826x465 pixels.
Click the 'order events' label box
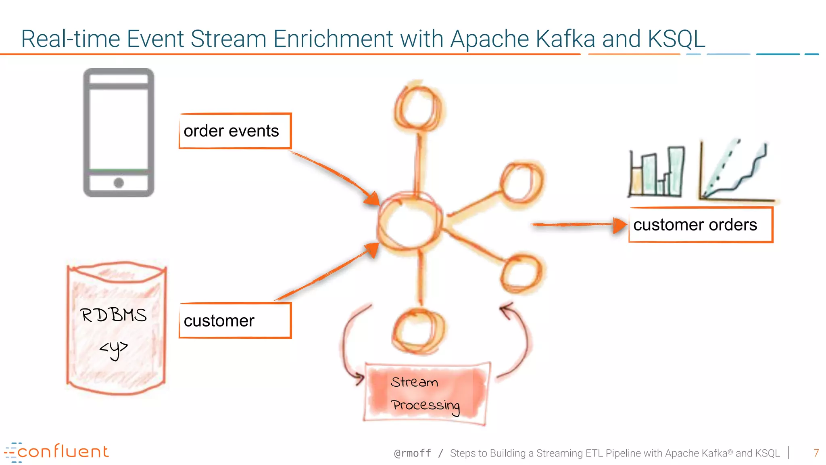[x=235, y=131]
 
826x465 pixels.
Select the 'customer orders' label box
[x=701, y=225]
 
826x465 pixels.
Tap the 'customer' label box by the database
[x=235, y=320]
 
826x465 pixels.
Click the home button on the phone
[x=119, y=183]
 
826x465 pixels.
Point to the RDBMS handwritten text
[x=114, y=315]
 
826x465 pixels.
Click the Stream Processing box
[x=426, y=394]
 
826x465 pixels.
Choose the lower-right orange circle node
[x=522, y=274]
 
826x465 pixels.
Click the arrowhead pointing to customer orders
[x=619, y=225]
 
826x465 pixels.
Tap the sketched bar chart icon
[x=657, y=172]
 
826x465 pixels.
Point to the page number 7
[x=816, y=453]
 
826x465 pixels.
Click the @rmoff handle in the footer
[x=412, y=453]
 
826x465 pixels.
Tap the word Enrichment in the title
[x=333, y=39]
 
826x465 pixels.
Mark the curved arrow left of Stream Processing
[x=349, y=343]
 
